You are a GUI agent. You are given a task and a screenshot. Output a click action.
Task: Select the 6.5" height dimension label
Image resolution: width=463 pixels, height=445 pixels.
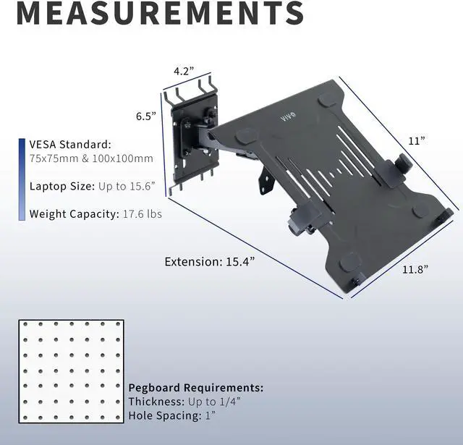[x=145, y=116]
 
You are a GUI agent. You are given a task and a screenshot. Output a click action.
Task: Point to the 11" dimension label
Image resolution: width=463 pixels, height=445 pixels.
[x=415, y=141]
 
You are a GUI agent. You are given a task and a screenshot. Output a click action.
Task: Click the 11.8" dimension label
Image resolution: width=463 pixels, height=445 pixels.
[x=415, y=269]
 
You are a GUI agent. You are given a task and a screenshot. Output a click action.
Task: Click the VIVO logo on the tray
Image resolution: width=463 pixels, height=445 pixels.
[x=287, y=115]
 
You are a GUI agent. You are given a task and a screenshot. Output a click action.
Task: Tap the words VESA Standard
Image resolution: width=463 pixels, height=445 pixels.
[x=69, y=144]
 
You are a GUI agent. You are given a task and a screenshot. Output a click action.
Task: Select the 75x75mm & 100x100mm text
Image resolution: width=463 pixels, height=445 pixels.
[x=91, y=158]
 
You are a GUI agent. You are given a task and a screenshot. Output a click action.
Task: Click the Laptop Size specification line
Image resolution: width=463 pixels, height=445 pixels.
[x=93, y=186]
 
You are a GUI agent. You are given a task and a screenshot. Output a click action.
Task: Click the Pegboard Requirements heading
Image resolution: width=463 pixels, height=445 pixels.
[x=195, y=388]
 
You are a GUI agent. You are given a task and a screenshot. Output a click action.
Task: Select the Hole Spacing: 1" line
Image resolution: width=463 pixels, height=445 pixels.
[x=171, y=415]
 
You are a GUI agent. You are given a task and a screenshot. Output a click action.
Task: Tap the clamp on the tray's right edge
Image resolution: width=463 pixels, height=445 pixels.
[x=396, y=171]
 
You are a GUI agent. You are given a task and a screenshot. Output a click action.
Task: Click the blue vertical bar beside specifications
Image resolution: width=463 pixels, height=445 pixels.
[x=21, y=179]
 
